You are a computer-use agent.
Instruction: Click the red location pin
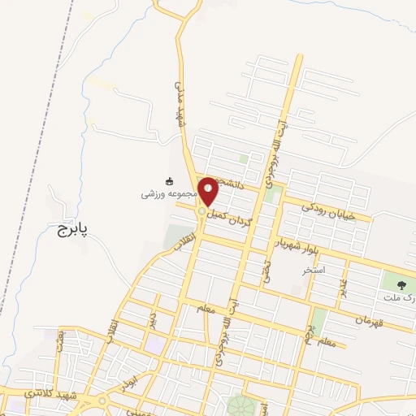pos(209,190)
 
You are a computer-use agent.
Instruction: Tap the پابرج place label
pos(71,231)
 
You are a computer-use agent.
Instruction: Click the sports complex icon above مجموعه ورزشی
pos(169,180)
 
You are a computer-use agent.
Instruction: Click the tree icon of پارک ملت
pos(401,284)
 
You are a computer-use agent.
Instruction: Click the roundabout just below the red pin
pos(201,212)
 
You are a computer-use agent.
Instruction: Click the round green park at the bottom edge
pos(240,405)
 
